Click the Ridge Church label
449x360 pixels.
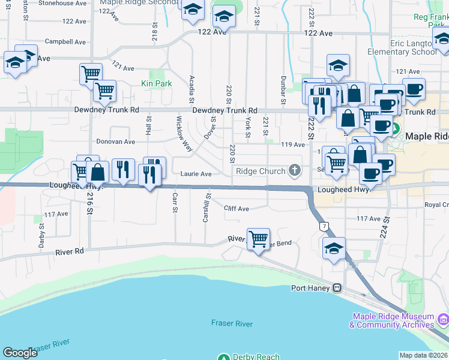coord(260,171)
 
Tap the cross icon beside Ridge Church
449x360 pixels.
coord(294,170)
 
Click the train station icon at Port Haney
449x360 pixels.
coord(338,287)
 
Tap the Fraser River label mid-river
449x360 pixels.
coord(232,323)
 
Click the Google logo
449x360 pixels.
coord(20,352)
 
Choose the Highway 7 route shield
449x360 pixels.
coord(324,226)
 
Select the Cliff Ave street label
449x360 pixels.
coord(236,209)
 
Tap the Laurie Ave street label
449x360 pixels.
coord(196,174)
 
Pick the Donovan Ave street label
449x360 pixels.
coord(116,142)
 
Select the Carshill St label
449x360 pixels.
coord(206,208)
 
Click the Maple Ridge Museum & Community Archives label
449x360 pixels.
coord(393,320)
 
